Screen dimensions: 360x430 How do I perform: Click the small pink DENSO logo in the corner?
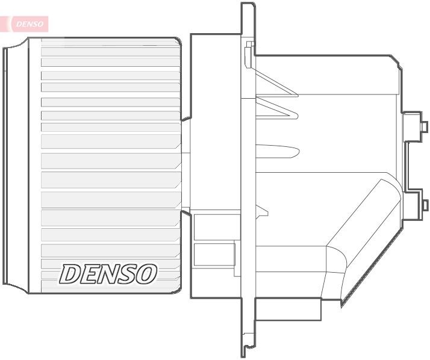[x=28, y=24]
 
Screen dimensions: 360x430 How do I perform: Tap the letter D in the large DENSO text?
[x=70, y=274]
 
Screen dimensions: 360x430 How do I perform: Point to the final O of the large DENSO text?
[x=145, y=274]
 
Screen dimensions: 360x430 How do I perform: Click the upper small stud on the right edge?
[x=424, y=126]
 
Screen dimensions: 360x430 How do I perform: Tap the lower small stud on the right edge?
[x=424, y=205]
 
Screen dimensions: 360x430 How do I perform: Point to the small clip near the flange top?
[x=250, y=54]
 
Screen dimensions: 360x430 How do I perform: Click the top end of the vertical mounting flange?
[x=248, y=7]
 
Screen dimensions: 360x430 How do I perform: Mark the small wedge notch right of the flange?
[x=261, y=210]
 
